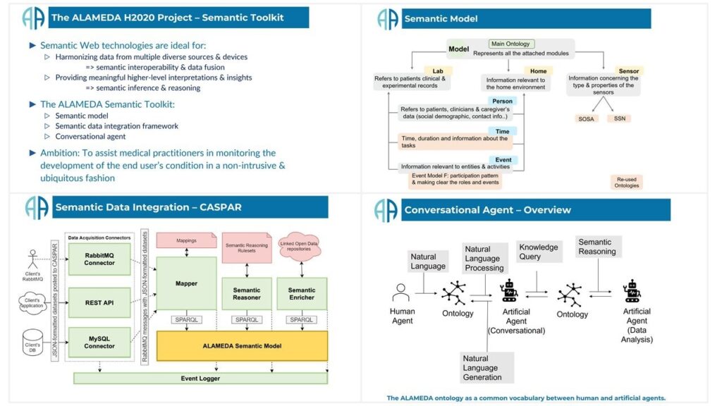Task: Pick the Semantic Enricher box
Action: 302,294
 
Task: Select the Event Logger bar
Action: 200,379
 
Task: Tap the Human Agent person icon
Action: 401,293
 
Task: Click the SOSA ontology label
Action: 587,118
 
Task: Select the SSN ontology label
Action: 619,118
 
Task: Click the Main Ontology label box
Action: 510,44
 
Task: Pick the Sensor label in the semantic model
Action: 628,71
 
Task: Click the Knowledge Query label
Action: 538,252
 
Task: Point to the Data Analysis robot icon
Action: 631,291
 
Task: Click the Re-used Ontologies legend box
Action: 626,183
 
